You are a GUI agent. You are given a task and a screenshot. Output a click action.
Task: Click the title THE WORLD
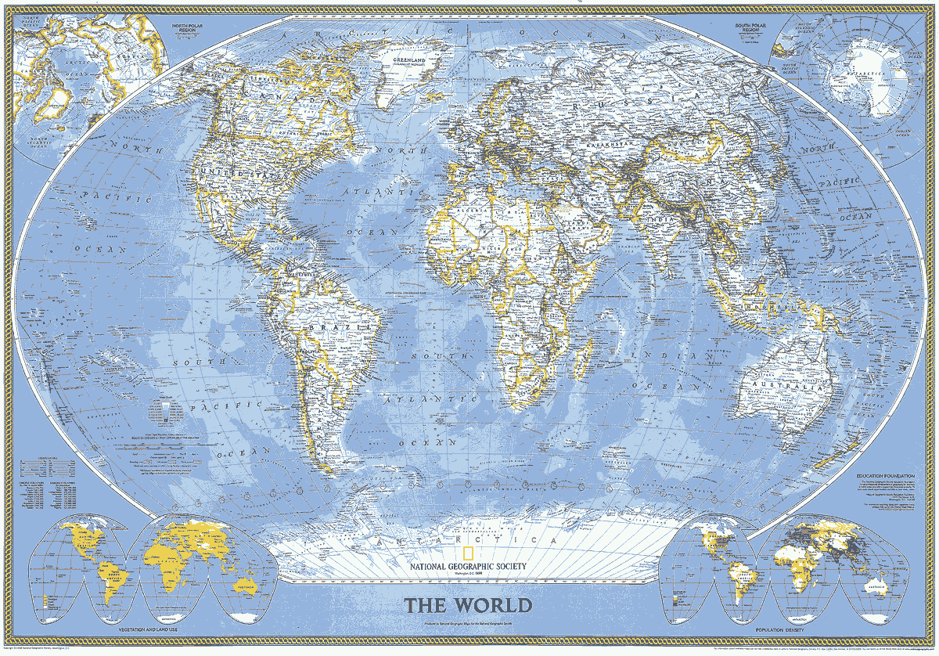click(468, 605)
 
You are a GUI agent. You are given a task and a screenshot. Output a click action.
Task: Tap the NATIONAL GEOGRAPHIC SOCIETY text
click(466, 567)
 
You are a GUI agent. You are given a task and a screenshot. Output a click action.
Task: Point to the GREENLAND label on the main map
click(410, 59)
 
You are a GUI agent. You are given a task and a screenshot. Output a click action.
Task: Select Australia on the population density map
click(871, 585)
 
